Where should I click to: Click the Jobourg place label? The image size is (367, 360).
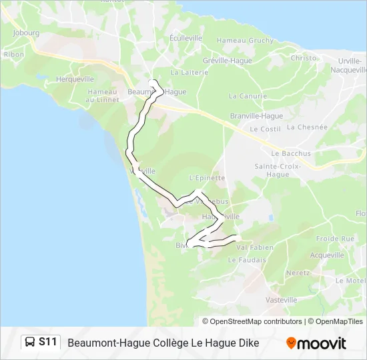click(x=26, y=32)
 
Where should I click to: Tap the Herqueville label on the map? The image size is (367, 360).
click(x=75, y=79)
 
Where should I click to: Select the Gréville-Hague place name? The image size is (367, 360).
click(x=228, y=60)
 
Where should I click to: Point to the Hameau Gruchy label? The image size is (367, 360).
click(x=245, y=41)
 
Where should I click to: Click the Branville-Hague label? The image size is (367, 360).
click(x=256, y=115)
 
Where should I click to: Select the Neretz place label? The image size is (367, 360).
click(x=298, y=273)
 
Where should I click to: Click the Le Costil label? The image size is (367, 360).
click(x=266, y=129)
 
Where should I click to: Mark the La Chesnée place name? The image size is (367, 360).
click(x=312, y=127)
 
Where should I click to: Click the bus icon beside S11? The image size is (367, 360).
click(x=30, y=343)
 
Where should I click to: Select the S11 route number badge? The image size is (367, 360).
click(x=47, y=343)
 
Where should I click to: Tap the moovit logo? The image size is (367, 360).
click(x=316, y=343)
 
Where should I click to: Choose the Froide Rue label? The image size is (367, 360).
click(x=335, y=238)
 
